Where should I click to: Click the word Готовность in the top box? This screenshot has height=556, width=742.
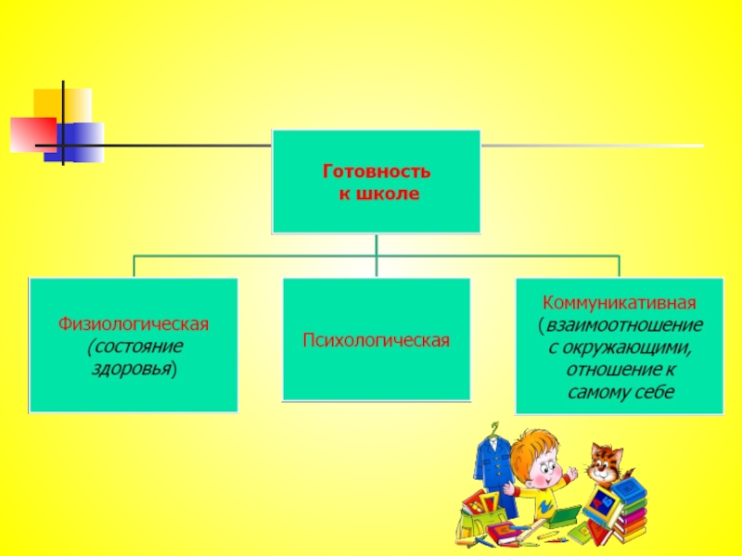coord(377,172)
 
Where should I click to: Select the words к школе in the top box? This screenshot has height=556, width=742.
coord(377,195)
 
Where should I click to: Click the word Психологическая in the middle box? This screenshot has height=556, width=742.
coord(376,341)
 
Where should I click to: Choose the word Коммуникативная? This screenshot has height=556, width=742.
coord(619,303)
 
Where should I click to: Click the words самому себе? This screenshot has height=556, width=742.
coord(620,392)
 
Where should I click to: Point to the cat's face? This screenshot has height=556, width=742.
coord(607,459)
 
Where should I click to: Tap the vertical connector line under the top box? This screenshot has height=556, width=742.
coord(377,245)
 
